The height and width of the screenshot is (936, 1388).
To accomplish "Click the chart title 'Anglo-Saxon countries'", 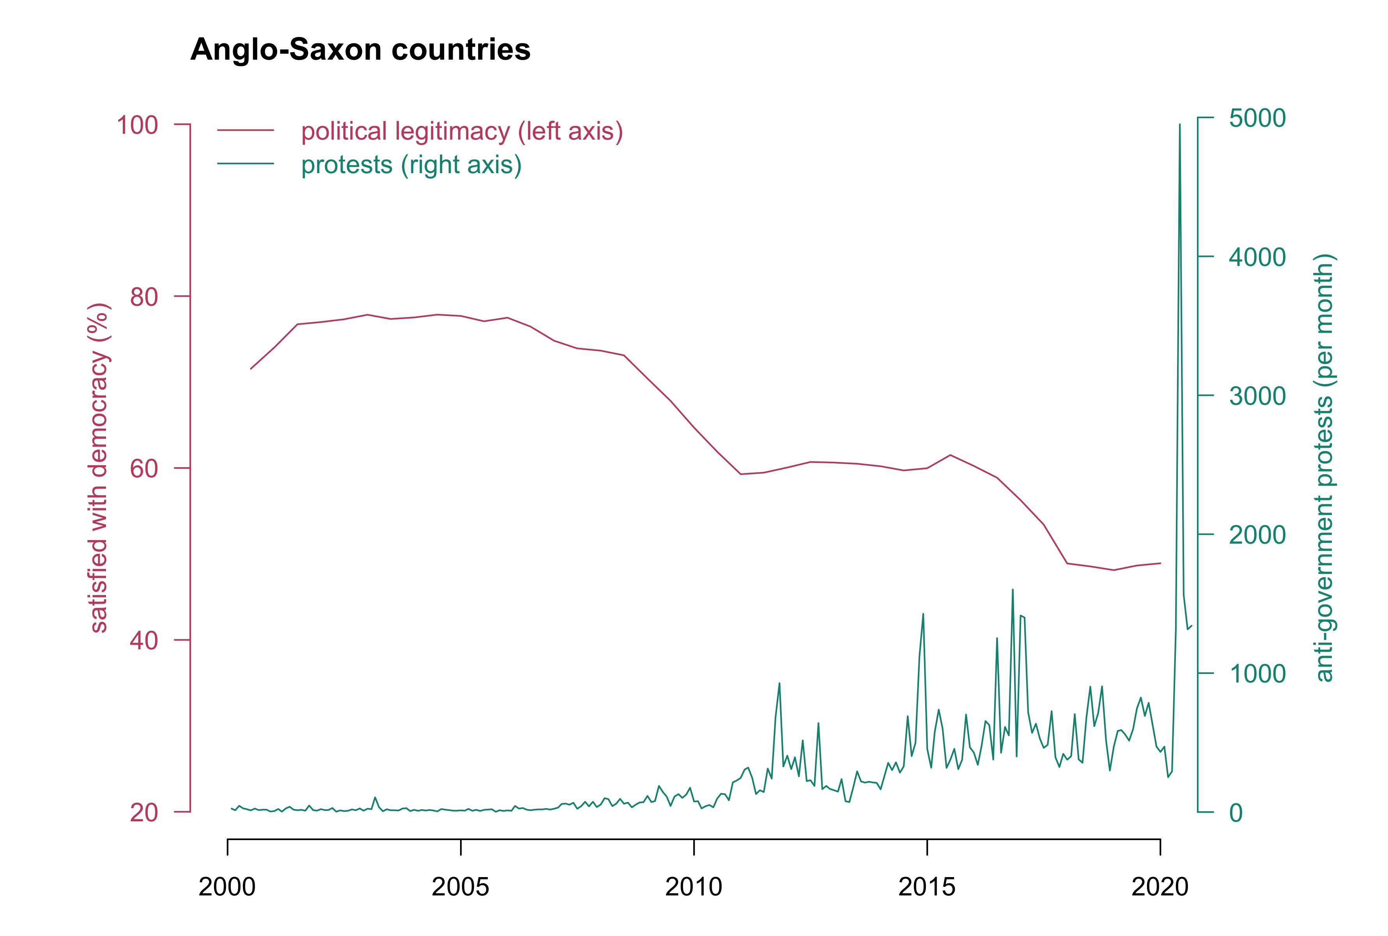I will [360, 50].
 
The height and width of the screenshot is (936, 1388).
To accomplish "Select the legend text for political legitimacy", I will [462, 131].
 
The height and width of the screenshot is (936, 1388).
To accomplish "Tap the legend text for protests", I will [411, 165].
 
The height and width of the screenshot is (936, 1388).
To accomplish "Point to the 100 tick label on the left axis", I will [137, 125].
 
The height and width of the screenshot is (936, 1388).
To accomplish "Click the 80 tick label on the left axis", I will [144, 297].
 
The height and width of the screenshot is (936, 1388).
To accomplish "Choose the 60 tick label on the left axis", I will [144, 469].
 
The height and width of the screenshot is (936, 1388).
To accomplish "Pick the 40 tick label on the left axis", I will [144, 640].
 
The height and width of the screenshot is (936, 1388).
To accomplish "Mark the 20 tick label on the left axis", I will [144, 812].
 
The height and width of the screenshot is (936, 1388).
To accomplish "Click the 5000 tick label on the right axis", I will [1257, 118].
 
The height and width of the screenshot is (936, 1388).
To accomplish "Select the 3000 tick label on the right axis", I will [1257, 396].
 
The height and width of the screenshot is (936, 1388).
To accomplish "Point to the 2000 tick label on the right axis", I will [1257, 535].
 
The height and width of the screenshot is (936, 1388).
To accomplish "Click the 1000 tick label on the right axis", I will [1257, 674].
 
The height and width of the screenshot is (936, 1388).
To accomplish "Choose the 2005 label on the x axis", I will [460, 887].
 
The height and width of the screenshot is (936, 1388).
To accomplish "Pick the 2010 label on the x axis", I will [693, 887].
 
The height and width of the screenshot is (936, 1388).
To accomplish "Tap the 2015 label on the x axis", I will [927, 887].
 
